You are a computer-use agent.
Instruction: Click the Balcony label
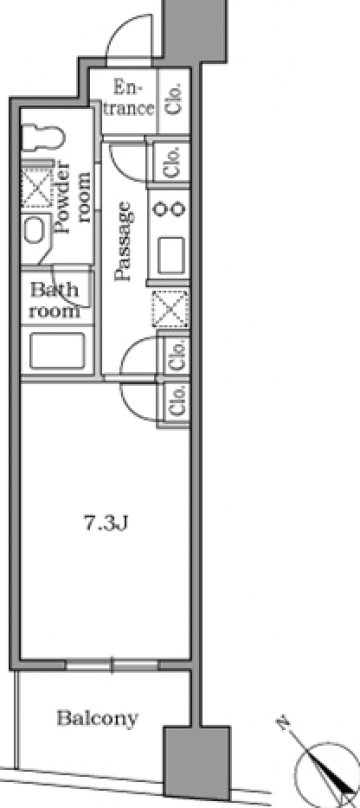click(97, 718)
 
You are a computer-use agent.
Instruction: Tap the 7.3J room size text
click(106, 524)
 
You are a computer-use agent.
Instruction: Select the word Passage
click(124, 241)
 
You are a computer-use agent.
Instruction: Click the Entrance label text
click(127, 99)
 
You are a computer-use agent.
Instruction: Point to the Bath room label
click(54, 300)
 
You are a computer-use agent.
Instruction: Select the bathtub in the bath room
click(57, 350)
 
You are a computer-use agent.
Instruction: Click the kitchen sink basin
click(171, 256)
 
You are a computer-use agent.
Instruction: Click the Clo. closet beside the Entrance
click(174, 98)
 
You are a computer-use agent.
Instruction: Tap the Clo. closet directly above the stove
click(172, 161)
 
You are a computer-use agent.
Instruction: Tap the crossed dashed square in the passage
click(170, 308)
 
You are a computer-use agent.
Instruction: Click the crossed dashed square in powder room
click(37, 186)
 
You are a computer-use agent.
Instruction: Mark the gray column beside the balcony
click(196, 761)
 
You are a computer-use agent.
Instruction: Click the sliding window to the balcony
click(112, 665)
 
